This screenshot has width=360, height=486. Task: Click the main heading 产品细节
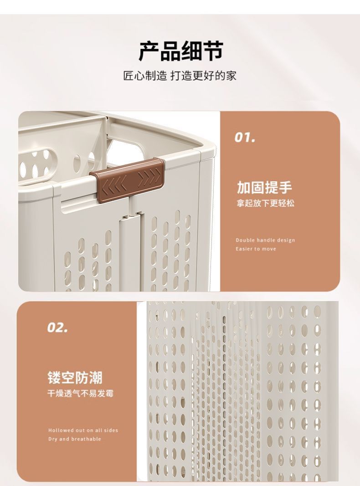(x=180, y=51)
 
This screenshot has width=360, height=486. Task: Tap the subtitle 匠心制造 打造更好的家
(x=180, y=76)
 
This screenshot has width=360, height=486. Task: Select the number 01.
(x=245, y=137)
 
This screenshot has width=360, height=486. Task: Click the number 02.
(x=58, y=327)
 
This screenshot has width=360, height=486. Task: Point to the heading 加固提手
(x=264, y=187)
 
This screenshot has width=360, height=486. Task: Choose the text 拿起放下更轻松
(x=265, y=203)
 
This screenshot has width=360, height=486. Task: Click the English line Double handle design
(x=265, y=240)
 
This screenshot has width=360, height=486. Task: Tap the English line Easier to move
(x=256, y=249)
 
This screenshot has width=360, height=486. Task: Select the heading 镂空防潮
(x=75, y=377)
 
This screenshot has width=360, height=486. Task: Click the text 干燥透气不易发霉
(x=81, y=393)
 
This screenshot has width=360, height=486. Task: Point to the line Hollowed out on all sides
(x=83, y=430)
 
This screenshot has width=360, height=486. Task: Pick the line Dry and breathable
(x=75, y=439)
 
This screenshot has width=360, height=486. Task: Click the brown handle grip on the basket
(x=127, y=176)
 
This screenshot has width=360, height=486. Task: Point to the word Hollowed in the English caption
(x=60, y=430)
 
